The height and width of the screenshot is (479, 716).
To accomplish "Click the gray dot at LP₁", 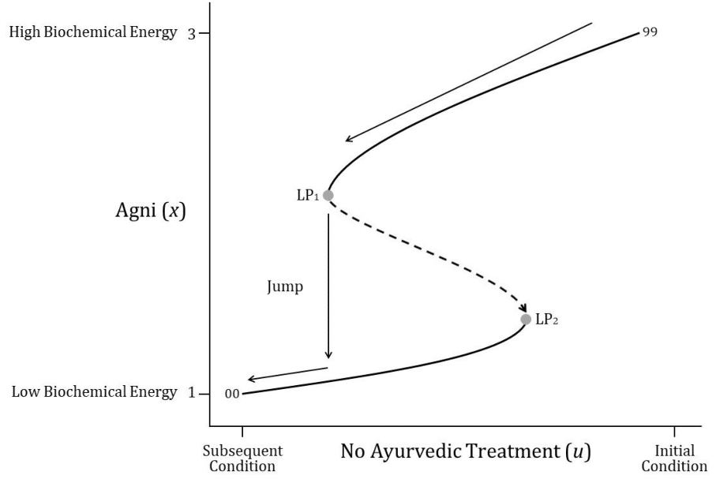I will click(x=328, y=195).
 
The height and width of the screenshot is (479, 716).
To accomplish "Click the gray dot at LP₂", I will click(x=526, y=320).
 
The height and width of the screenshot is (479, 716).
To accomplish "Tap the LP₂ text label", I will click(x=547, y=320).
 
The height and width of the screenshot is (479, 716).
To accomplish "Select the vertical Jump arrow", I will click(x=328, y=284).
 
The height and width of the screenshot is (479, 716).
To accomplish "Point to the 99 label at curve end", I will click(x=650, y=32).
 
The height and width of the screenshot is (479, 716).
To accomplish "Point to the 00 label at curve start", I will click(x=231, y=394).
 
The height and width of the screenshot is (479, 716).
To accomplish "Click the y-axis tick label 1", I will click(x=192, y=393).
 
